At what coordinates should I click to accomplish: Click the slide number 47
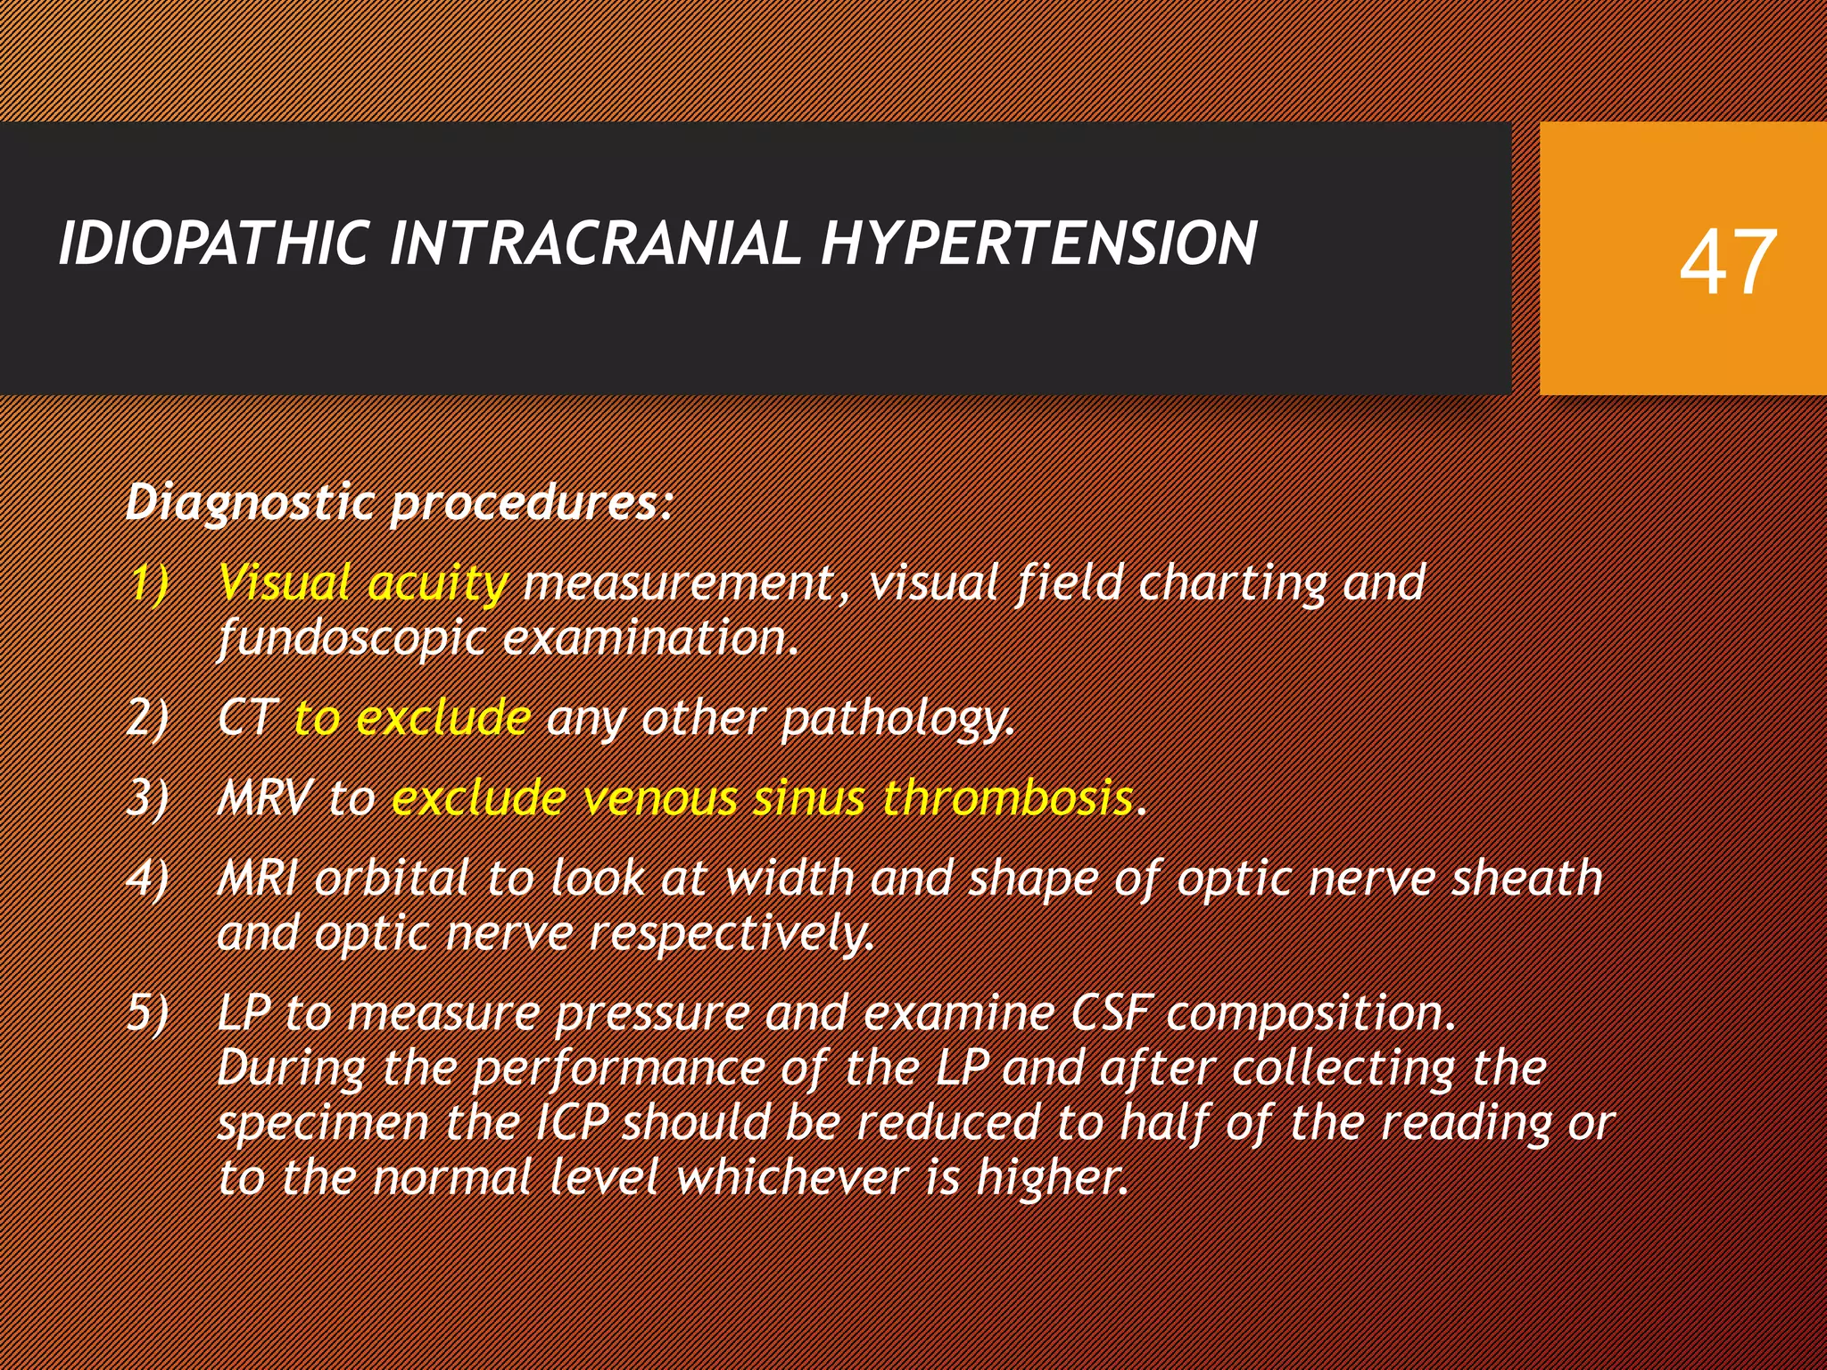click(1727, 262)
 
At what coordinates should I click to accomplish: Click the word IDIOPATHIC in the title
click(214, 243)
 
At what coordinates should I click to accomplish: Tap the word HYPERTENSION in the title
click(1038, 243)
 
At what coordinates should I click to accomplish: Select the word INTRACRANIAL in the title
click(595, 243)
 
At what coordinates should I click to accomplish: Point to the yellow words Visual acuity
click(363, 584)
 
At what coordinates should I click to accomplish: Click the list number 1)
click(148, 584)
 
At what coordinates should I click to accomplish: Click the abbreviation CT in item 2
click(246, 717)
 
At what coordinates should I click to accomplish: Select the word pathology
click(897, 719)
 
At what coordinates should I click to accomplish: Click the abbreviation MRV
click(265, 797)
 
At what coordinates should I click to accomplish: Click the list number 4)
click(148, 879)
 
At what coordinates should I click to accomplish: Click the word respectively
click(732, 935)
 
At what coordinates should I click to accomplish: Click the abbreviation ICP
click(572, 1122)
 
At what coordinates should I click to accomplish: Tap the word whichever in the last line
click(792, 1177)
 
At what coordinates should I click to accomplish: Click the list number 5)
click(148, 1013)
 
